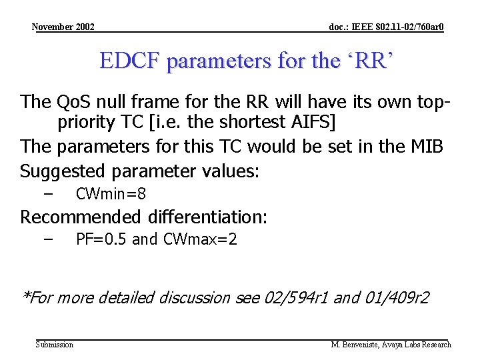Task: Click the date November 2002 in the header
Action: [x=63, y=27]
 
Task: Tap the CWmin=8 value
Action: [x=111, y=194]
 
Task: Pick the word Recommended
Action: [x=81, y=217]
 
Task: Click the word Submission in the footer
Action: [x=55, y=345]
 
